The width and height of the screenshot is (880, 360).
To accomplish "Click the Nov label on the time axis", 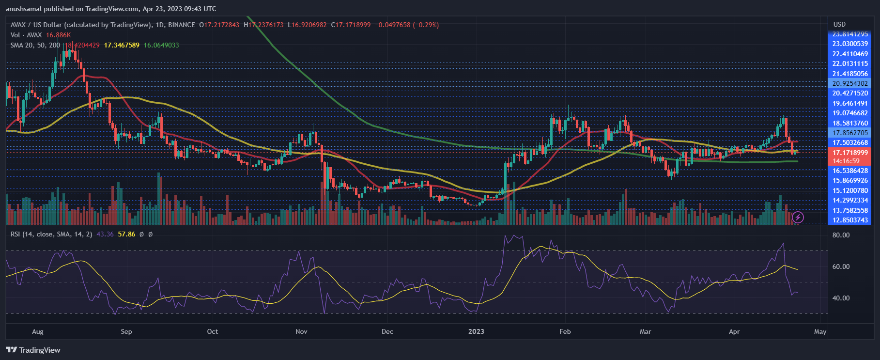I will [x=301, y=332].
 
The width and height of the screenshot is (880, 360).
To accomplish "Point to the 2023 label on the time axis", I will [x=476, y=332].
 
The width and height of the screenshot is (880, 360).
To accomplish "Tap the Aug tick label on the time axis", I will [x=37, y=332].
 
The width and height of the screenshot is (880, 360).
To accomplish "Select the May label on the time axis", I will [x=820, y=332].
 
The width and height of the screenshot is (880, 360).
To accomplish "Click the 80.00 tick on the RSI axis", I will [x=841, y=235].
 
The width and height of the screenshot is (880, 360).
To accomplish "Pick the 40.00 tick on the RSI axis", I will [x=841, y=298].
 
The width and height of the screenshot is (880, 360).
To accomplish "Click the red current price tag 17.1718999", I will [x=850, y=153].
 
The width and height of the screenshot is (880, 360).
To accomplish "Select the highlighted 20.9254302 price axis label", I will [x=850, y=83].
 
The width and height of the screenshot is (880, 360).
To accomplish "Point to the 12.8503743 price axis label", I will [x=850, y=220].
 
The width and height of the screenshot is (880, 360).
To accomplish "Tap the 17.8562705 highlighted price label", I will [x=850, y=133].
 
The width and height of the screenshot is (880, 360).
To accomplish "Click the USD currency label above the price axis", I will [x=839, y=24].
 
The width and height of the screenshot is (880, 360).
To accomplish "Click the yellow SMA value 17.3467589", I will [x=122, y=45].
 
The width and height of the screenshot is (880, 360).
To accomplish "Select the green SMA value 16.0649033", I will [x=161, y=45].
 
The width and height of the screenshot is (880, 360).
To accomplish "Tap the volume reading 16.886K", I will [x=59, y=35].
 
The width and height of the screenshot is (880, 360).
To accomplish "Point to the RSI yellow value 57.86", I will [x=126, y=234].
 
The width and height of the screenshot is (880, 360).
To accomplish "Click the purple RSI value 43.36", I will [x=105, y=234].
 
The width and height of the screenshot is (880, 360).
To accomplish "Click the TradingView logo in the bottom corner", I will [x=33, y=350].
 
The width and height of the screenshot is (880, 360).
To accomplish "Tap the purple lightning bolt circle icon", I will [x=798, y=218].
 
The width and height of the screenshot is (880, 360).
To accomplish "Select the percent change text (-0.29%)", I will [x=426, y=25].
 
